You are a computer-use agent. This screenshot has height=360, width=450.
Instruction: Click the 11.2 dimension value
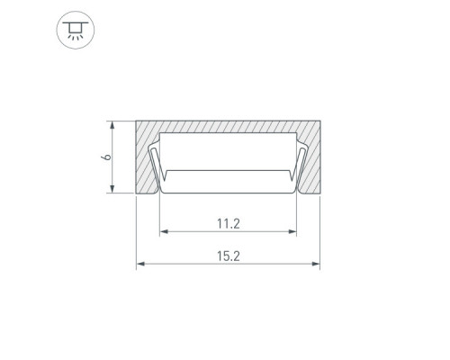click(x=229, y=224)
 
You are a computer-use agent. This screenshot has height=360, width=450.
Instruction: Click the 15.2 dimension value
click(x=229, y=256)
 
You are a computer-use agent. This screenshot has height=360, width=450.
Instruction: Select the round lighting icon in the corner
click(x=76, y=30)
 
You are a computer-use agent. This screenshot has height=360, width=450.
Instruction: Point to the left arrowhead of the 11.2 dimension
click(x=164, y=231)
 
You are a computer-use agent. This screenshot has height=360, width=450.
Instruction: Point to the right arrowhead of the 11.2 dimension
click(x=292, y=231)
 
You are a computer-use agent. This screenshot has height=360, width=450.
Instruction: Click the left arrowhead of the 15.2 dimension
click(x=140, y=264)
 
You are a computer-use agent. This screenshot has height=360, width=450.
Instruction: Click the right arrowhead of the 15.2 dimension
click(x=316, y=264)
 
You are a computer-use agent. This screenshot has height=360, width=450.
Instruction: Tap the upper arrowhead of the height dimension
click(x=112, y=125)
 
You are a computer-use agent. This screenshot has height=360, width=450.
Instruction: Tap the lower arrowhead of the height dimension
click(x=112, y=189)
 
